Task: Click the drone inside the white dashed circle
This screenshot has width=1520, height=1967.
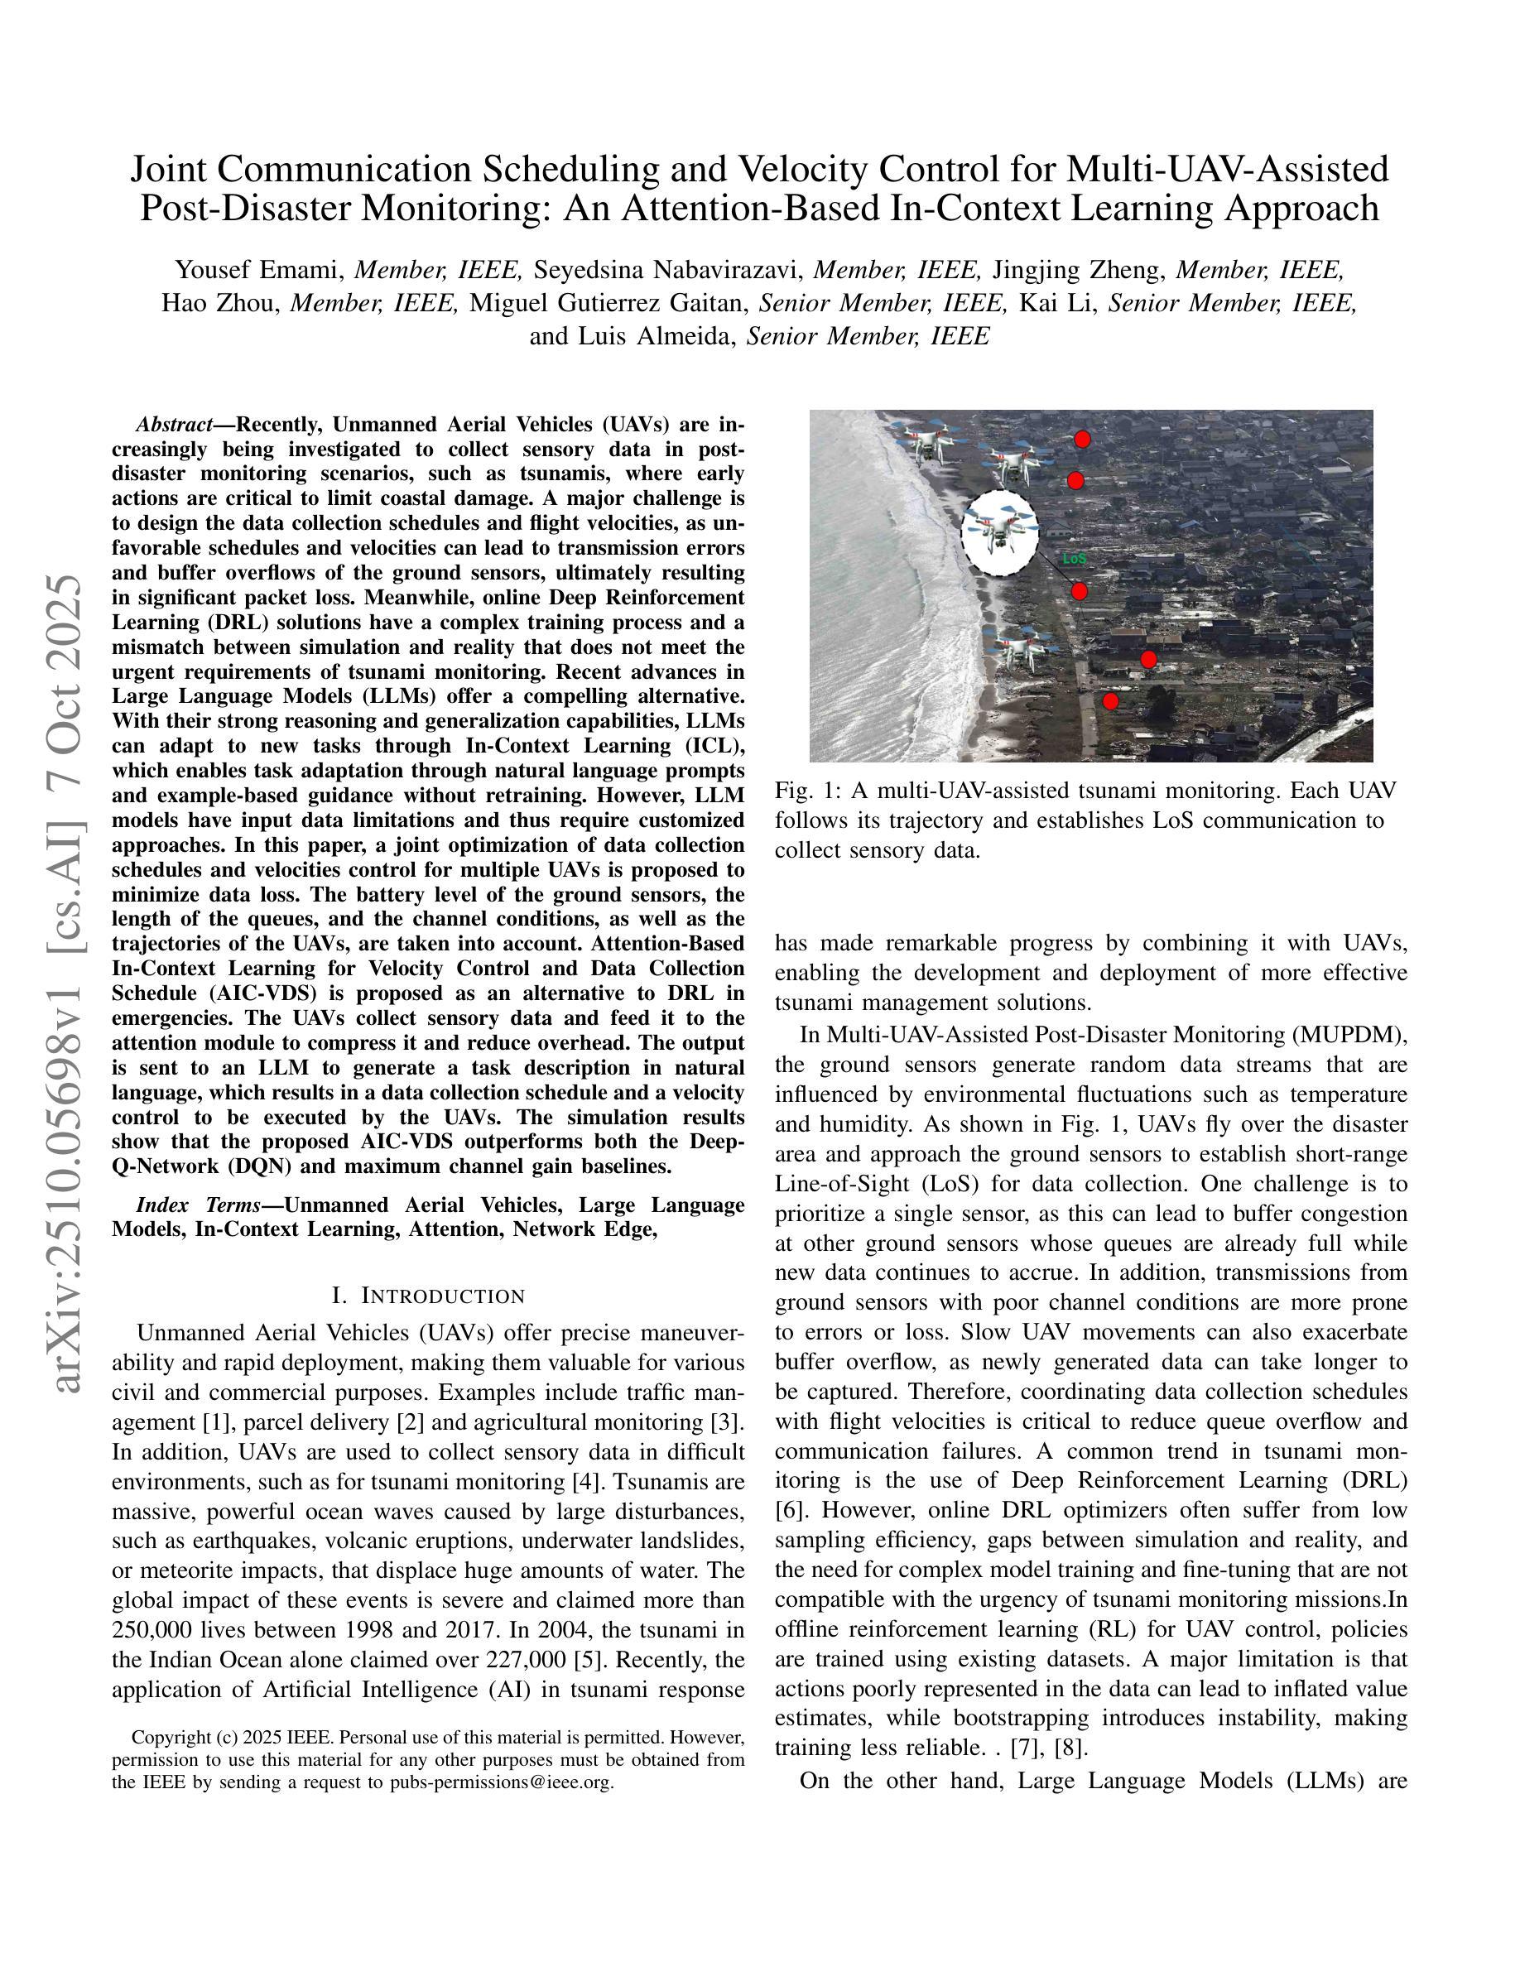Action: point(999,532)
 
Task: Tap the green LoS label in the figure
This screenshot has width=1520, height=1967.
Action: point(1075,559)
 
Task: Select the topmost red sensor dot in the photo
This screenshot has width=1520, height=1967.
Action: point(1082,440)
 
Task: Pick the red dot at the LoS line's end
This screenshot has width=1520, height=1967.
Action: point(1080,592)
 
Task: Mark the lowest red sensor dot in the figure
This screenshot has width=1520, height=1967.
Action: point(1110,700)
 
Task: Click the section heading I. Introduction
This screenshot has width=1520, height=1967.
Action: point(428,1295)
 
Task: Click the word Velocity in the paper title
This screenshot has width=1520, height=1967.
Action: point(803,170)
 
